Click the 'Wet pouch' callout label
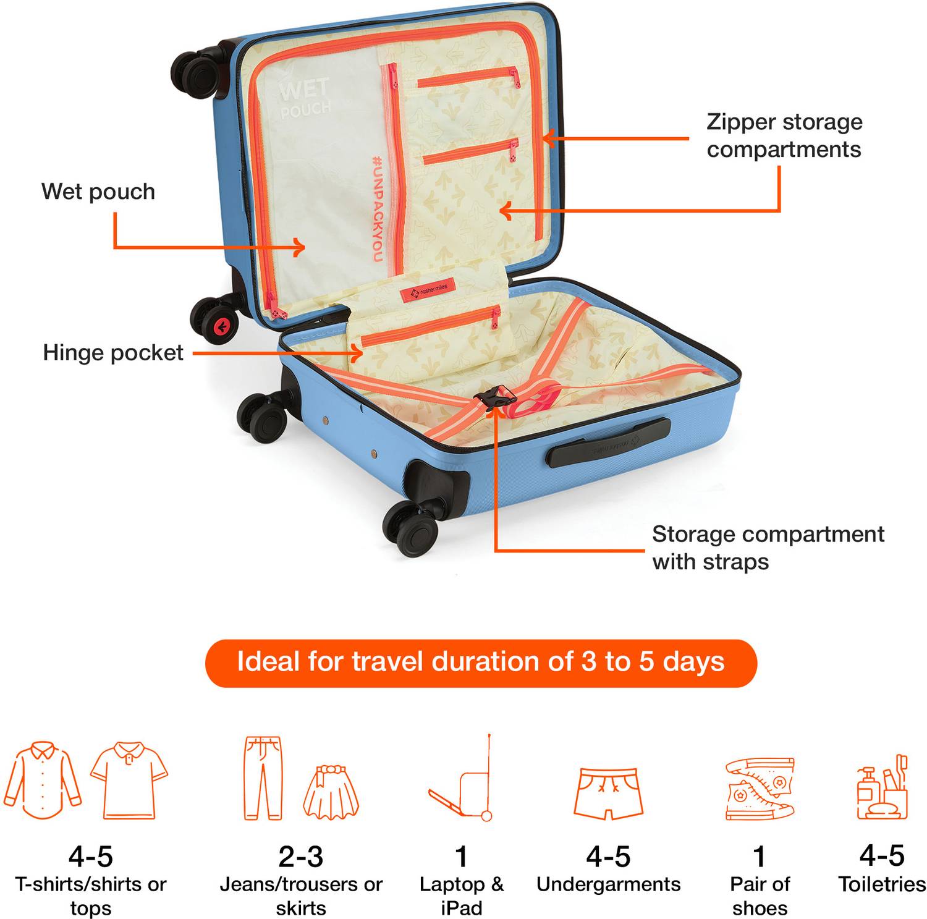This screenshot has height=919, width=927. (x=98, y=192)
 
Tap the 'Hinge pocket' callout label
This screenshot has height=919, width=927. (x=113, y=353)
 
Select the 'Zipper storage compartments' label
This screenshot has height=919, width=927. (x=784, y=135)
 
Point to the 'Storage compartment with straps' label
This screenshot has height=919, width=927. (x=768, y=548)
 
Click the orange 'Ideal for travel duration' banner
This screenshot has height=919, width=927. (x=481, y=663)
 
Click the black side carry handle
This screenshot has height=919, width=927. (x=608, y=443)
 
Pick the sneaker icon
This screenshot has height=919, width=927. (x=760, y=788)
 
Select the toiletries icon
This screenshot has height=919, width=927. (x=882, y=787)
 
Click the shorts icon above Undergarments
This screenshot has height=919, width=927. (x=609, y=794)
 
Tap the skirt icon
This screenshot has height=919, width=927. (x=331, y=793)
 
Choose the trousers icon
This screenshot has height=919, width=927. (x=263, y=778)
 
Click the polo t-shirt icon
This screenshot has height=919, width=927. (x=129, y=780)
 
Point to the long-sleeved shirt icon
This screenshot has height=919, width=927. (x=43, y=780)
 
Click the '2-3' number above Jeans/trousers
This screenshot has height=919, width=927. (x=301, y=857)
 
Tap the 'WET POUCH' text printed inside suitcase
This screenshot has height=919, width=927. (x=304, y=97)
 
